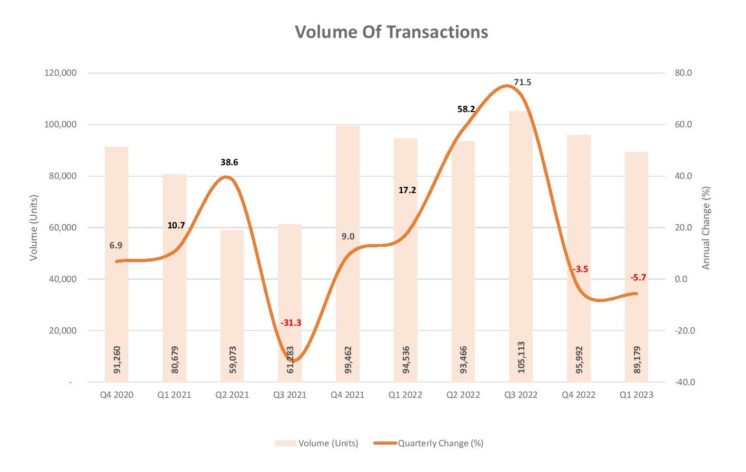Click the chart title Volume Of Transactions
point(391,32)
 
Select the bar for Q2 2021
point(232,295)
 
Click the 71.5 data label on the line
point(522,82)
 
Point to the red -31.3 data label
point(291,323)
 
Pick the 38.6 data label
point(229,162)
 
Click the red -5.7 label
point(638,277)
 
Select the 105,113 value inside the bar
point(521,357)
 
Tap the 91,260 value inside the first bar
point(117,360)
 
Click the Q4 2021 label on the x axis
point(347,395)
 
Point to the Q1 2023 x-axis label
point(636,395)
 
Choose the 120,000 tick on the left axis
point(60,73)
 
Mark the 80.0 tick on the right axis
point(683,73)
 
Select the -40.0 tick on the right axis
point(684,383)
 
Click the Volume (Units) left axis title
point(34,228)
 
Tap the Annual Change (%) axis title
point(705,228)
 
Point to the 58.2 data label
point(466,109)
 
